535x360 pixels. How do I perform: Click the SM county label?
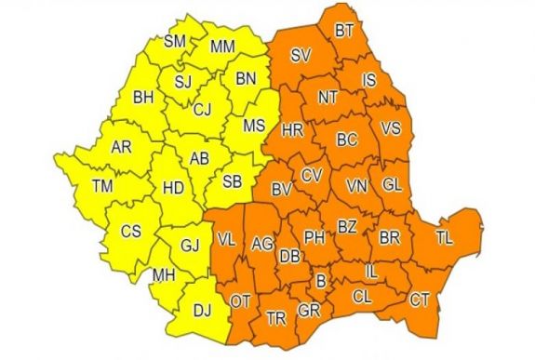(x=174, y=41)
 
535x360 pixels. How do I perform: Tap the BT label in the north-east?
(x=344, y=32)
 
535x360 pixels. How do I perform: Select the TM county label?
(x=102, y=187)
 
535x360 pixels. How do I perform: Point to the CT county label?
(x=421, y=300)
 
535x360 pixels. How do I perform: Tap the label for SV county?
(x=301, y=57)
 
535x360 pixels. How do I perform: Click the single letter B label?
(x=321, y=280)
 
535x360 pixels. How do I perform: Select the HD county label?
(x=173, y=187)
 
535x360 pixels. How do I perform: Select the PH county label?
(x=314, y=237)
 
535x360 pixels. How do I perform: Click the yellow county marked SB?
(x=234, y=180)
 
